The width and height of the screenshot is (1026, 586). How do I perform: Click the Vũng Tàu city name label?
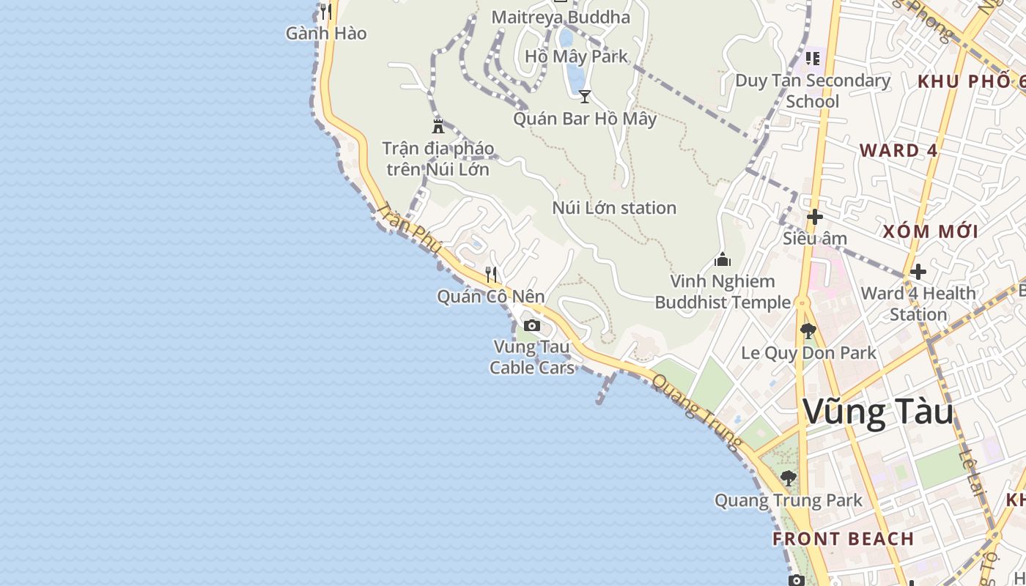[878, 412]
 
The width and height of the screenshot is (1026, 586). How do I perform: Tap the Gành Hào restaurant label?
[326, 34]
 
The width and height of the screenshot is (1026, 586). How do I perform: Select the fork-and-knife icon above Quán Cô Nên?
[491, 275]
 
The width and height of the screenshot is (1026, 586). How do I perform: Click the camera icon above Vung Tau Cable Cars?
[532, 325]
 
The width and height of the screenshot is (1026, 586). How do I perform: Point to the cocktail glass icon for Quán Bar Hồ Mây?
[585, 96]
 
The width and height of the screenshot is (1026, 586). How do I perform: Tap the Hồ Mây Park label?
[576, 56]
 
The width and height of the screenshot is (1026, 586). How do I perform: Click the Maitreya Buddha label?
[561, 17]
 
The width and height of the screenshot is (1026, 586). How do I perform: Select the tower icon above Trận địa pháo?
[438, 125]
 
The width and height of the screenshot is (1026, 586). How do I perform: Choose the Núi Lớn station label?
[614, 208]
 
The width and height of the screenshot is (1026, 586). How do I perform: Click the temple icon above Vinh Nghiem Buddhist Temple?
[723, 259]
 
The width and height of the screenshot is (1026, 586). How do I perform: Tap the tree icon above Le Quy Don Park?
[808, 331]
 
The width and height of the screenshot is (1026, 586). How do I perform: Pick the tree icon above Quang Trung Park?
[789, 478]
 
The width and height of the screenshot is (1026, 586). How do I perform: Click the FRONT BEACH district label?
[843, 539]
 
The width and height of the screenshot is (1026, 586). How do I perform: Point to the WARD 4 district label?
[898, 151]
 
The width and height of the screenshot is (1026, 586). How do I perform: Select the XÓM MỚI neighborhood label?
[930, 232]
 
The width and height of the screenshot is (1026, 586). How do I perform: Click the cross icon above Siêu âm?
[814, 217]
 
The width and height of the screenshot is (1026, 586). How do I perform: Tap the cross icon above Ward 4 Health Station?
[918, 272]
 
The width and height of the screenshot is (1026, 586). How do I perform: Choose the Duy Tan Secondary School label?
[813, 90]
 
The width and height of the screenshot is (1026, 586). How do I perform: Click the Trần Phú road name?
[410, 229]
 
